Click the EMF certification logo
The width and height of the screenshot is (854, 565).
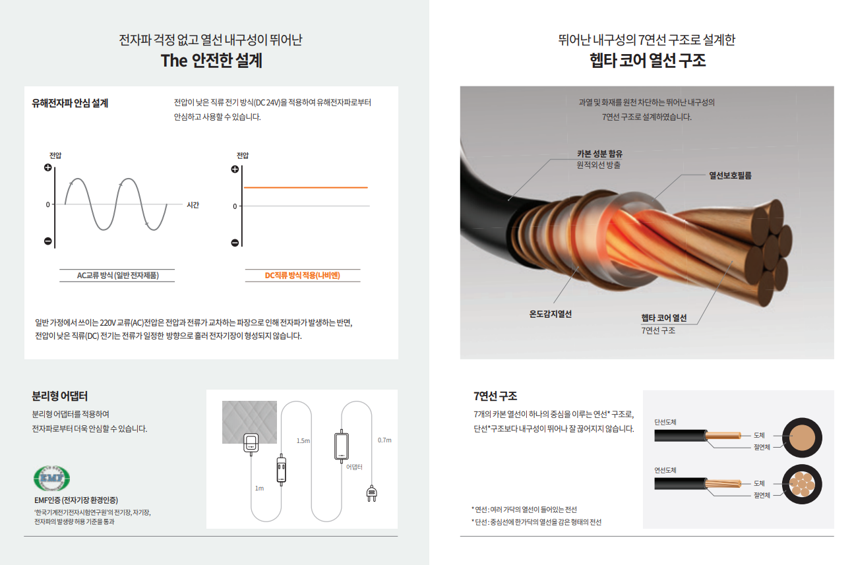(x=51, y=477)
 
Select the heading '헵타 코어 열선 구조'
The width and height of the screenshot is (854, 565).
(x=647, y=61)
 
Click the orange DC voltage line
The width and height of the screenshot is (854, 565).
(x=305, y=188)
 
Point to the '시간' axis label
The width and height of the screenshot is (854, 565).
(x=193, y=205)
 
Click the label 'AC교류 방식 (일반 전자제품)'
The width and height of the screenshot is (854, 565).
(x=118, y=276)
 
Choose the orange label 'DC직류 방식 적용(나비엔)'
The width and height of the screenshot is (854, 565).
(x=302, y=276)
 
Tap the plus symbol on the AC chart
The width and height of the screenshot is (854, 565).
(x=47, y=167)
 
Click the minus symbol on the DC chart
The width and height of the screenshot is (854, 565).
(x=235, y=243)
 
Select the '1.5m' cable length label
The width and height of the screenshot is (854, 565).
(x=303, y=440)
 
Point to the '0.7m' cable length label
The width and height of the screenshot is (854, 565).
(x=384, y=440)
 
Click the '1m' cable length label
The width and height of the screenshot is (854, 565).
(x=259, y=489)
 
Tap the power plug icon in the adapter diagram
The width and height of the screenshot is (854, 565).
(x=371, y=493)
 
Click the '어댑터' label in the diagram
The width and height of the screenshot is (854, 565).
(x=355, y=466)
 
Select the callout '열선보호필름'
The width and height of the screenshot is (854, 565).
(x=730, y=175)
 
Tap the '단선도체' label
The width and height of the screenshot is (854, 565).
(x=665, y=422)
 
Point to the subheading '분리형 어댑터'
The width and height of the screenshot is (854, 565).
(x=60, y=396)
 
